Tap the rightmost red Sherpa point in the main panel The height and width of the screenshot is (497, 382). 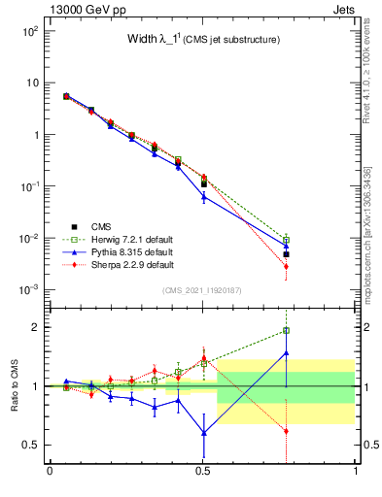pyautogui.click(x=286, y=266)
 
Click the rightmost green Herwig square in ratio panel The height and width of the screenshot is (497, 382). pyautogui.click(x=286, y=331)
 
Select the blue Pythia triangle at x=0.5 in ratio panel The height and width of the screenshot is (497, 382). pyautogui.click(x=203, y=432)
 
